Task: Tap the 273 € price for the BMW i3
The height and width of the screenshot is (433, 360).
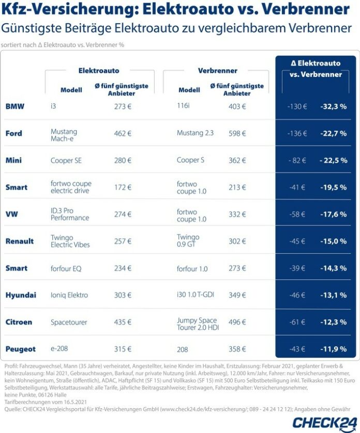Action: (x=123, y=106)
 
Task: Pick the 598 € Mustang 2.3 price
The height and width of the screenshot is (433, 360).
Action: (x=237, y=133)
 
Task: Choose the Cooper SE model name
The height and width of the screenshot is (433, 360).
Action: (x=66, y=160)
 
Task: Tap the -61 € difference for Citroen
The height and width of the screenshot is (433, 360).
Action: (x=297, y=322)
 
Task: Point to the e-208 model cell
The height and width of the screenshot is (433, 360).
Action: (x=60, y=349)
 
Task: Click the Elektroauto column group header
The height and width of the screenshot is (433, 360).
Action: (x=99, y=70)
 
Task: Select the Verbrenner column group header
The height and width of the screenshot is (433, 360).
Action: (x=218, y=70)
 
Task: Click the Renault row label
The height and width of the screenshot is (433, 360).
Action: (x=20, y=241)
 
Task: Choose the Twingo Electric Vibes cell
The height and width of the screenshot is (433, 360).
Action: (x=70, y=241)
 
